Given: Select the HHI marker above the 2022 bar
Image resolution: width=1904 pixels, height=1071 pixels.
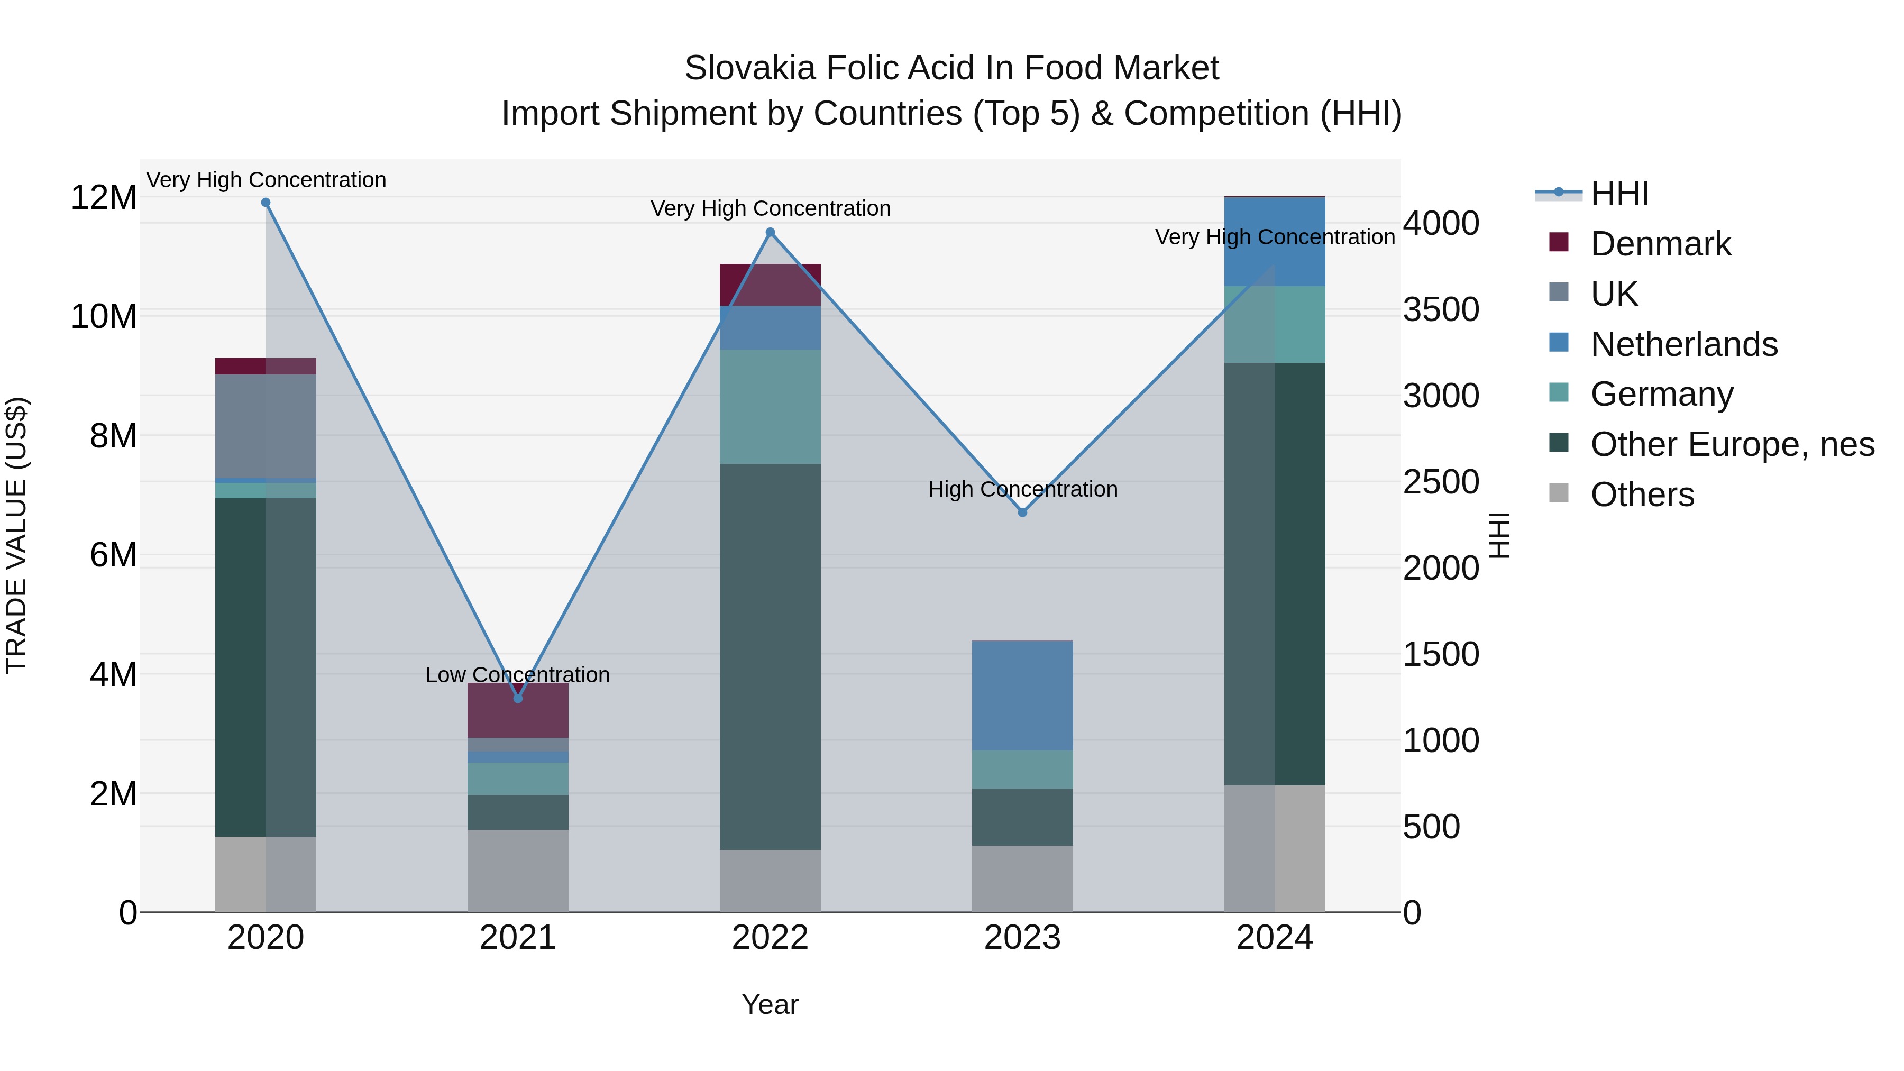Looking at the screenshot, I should point(770,232).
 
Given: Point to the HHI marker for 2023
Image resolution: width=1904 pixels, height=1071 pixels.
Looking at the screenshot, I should point(1022,512).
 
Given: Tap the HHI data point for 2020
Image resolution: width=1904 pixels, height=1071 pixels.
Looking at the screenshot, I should point(266,203).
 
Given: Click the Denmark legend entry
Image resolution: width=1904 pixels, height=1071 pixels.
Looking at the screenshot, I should point(1660,244).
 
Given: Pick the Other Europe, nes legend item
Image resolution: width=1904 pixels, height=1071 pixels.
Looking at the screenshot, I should point(1732,444).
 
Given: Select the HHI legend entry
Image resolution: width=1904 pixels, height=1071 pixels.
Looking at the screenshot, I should point(1619,194).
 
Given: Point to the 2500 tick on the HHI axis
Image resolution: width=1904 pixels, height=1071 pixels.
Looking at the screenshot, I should point(1441,482).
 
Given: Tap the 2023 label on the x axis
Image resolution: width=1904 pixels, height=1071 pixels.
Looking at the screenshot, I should point(1022,938).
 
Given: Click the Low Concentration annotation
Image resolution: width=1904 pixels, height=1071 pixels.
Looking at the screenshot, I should point(517,675).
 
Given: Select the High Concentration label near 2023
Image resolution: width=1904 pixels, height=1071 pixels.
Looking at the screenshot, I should point(1022,489).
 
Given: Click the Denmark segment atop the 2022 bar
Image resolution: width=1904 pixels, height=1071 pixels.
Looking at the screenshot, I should point(770,285).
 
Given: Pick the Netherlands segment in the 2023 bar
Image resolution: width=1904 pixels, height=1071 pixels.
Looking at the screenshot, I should point(1022,695).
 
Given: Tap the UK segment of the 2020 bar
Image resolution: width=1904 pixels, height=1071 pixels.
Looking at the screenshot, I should point(266,426).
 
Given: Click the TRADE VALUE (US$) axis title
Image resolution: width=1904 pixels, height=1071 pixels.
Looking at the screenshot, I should point(16,535).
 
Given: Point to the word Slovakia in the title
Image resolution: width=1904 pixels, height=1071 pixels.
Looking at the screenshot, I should point(750,68).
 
